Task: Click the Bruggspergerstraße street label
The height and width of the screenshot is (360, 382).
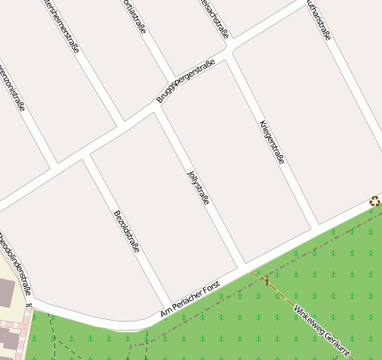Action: pyautogui.click(x=187, y=80)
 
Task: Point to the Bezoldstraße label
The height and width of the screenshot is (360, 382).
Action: pyautogui.click(x=126, y=231)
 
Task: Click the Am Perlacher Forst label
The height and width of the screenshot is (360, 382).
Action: pyautogui.click(x=190, y=299)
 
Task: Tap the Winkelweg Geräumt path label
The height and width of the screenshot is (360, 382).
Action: pyautogui.click(x=322, y=330)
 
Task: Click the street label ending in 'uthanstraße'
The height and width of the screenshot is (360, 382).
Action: pyautogui.click(x=318, y=20)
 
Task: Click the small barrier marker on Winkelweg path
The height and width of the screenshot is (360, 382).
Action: pyautogui.click(x=264, y=281)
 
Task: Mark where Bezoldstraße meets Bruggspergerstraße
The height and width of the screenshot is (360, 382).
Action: pyautogui.click(x=85, y=157)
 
